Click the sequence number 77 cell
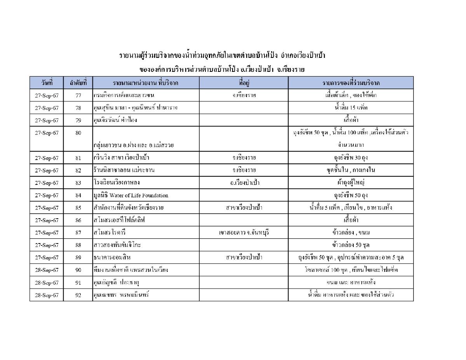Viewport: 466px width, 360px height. pyautogui.click(x=78, y=96)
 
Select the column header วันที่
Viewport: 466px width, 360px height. pyautogui.click(x=47, y=83)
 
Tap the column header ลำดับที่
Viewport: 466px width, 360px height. pyautogui.click(x=78, y=83)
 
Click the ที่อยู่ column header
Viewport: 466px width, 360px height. pyautogui.click(x=244, y=83)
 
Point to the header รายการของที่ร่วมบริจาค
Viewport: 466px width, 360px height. pyautogui.click(x=351, y=83)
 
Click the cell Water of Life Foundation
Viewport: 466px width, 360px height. pyautogui.click(x=131, y=195)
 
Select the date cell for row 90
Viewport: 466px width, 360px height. pyautogui.click(x=47, y=270)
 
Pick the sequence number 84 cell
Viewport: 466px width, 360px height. pyautogui.click(x=78, y=195)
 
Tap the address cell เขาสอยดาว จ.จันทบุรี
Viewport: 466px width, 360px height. pyautogui.click(x=244, y=233)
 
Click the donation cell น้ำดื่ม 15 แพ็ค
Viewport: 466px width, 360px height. pyautogui.click(x=351, y=108)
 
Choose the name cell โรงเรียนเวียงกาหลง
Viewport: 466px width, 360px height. pyautogui.click(x=116, y=183)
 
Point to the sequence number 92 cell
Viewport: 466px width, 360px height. pyautogui.click(x=78, y=295)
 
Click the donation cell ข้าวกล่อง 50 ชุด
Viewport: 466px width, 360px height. pyautogui.click(x=351, y=245)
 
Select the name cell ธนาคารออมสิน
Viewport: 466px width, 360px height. pyautogui.click(x=113, y=257)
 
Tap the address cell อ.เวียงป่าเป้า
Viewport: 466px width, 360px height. pyautogui.click(x=244, y=183)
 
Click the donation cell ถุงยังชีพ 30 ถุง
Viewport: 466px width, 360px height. pyautogui.click(x=351, y=158)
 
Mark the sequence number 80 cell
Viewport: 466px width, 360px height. pyautogui.click(x=78, y=133)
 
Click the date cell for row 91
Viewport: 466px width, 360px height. pyautogui.click(x=47, y=282)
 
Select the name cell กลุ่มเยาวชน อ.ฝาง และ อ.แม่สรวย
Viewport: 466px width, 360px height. pyautogui.click(x=133, y=145)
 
